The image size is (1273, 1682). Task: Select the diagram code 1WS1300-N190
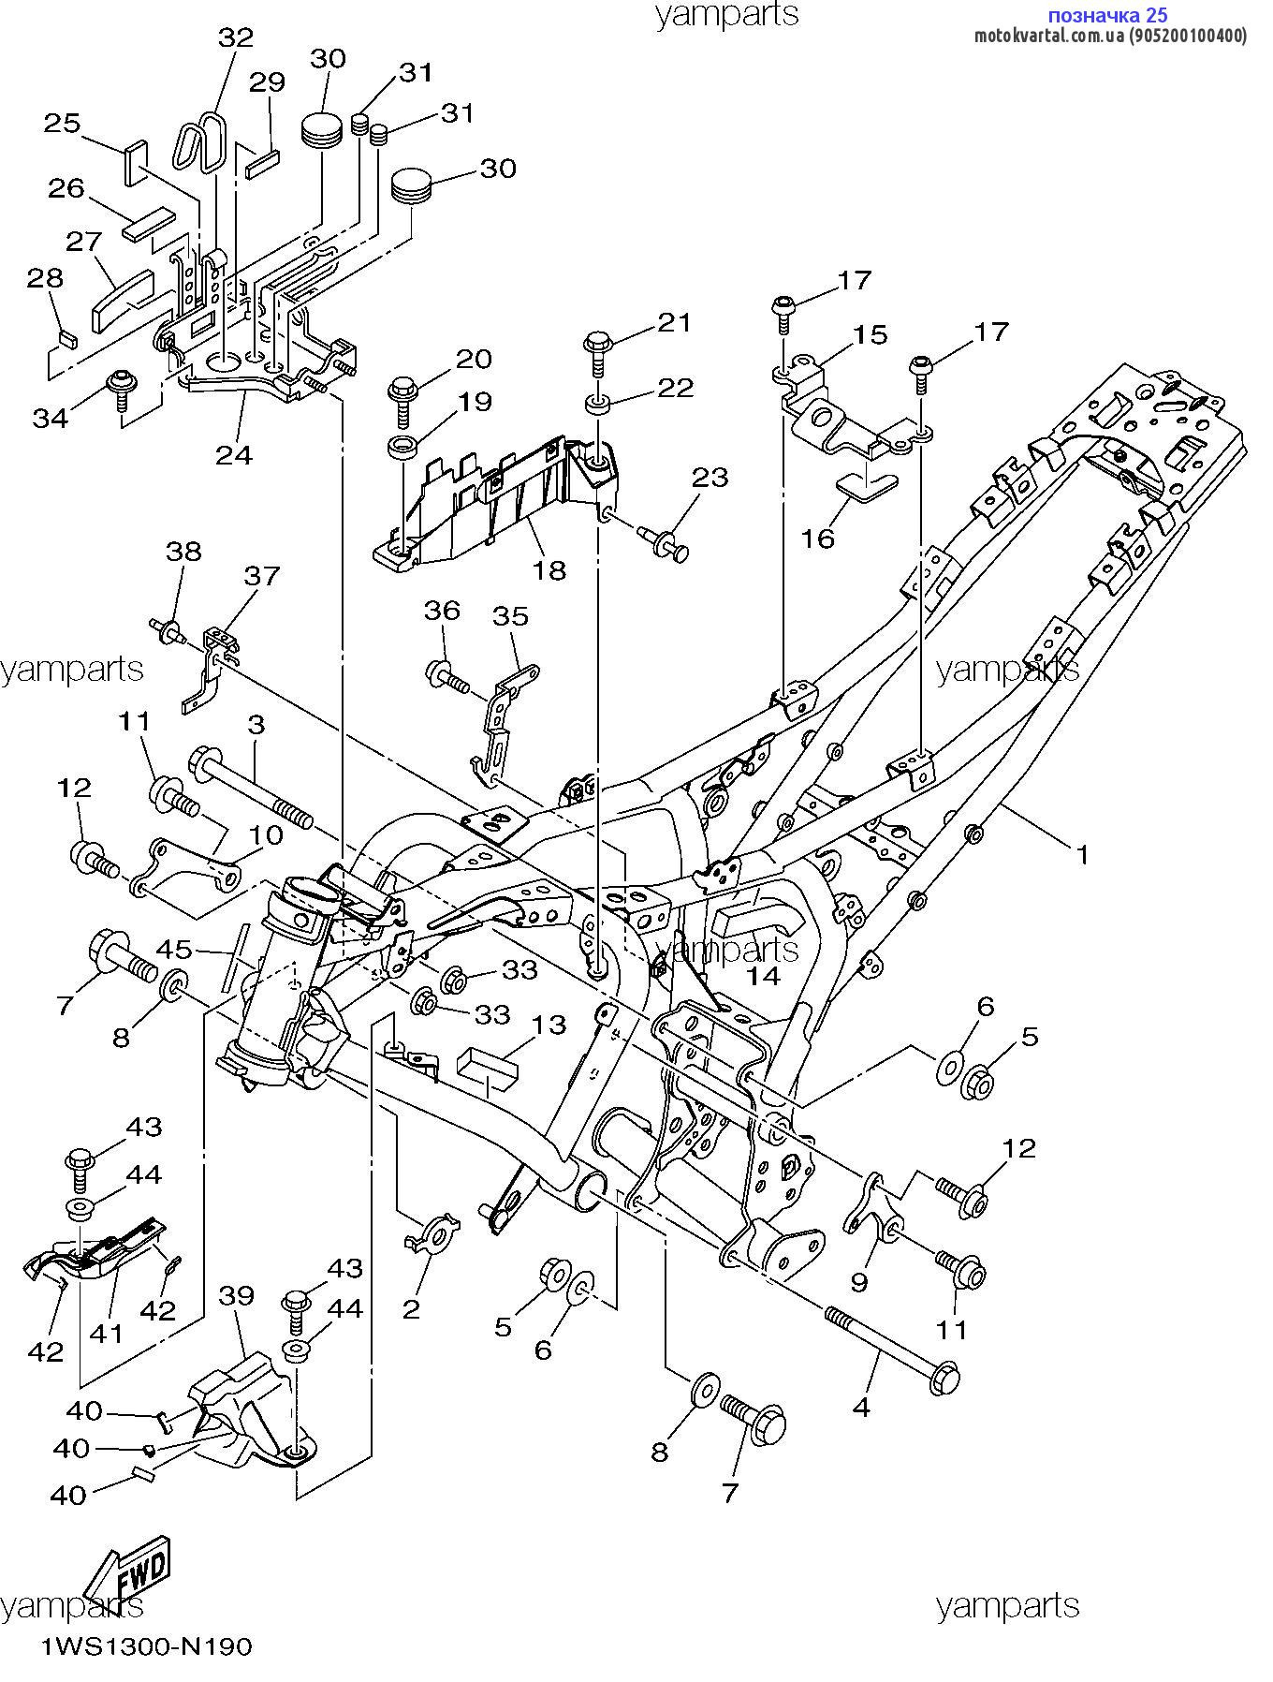146,1646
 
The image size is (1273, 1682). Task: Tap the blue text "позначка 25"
1107,15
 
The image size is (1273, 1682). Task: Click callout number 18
550,569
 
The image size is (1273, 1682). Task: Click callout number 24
234,454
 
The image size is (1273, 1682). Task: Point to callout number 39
237,1296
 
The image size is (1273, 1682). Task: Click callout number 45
173,950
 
